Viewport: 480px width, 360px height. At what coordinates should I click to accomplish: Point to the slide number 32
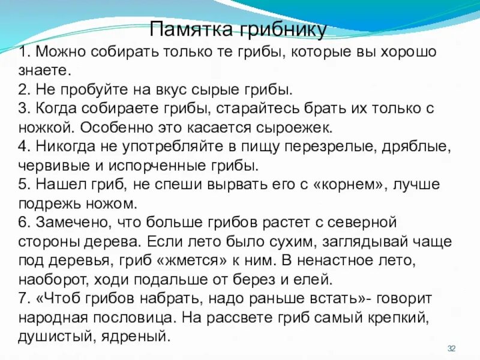click(x=452, y=349)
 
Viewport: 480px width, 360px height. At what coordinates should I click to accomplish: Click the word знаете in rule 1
click(x=44, y=70)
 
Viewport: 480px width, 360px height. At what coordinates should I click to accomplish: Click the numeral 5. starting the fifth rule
click(x=24, y=185)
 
